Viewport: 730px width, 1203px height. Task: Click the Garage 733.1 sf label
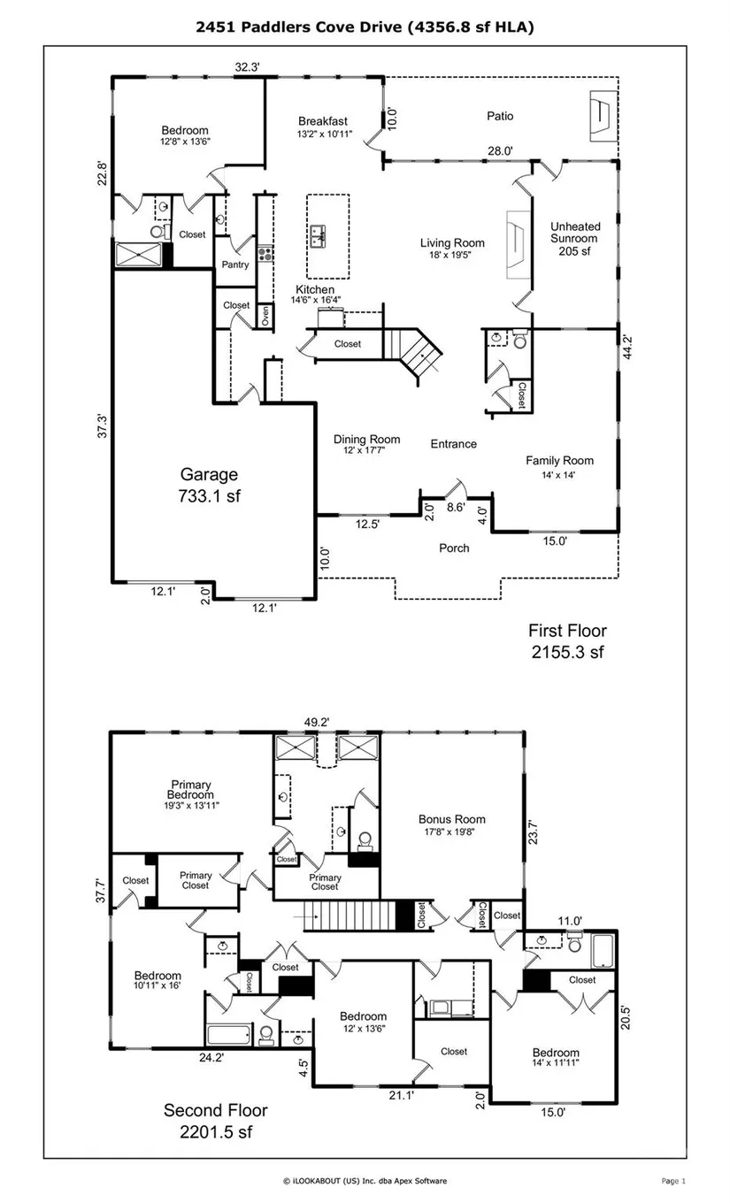click(209, 485)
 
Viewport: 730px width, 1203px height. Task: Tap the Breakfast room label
click(324, 126)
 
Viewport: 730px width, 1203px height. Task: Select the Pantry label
click(235, 264)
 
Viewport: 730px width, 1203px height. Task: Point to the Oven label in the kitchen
click(265, 316)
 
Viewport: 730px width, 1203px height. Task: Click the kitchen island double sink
click(318, 236)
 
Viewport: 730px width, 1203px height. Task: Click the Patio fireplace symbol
click(603, 116)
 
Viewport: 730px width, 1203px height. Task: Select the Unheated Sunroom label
click(575, 239)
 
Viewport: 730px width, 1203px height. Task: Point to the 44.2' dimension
click(626, 347)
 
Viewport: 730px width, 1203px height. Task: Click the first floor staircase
click(412, 352)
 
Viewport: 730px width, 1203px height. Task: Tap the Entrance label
click(453, 444)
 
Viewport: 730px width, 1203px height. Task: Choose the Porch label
click(454, 548)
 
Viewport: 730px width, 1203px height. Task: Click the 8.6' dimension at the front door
click(456, 507)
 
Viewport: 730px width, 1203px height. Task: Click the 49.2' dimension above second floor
click(317, 723)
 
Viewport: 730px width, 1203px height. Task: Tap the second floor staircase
click(350, 916)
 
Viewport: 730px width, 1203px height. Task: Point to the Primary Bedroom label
click(191, 794)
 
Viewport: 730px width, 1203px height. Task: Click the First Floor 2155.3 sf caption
click(568, 641)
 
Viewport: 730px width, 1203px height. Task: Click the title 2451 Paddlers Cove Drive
click(298, 27)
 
